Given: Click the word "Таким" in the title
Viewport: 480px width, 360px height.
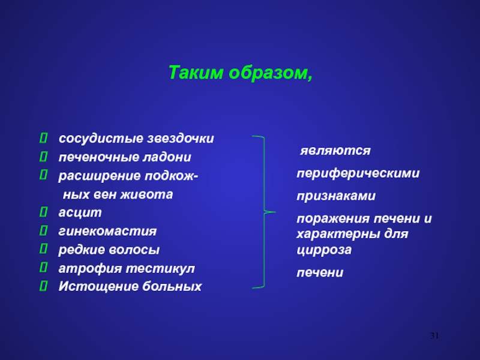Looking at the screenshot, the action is pyautogui.click(x=196, y=73).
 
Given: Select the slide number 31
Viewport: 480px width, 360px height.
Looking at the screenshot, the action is pyautogui.click(x=434, y=336).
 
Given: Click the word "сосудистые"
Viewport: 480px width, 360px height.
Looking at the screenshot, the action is pyautogui.click(x=101, y=139).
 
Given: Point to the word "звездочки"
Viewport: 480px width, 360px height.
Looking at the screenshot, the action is pyautogui.click(x=181, y=139).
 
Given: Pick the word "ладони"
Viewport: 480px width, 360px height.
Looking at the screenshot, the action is pyautogui.click(x=167, y=157).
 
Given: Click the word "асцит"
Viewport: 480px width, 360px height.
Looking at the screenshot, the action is pyautogui.click(x=80, y=212).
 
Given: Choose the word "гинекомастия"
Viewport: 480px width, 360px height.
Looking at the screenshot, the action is pyautogui.click(x=107, y=231).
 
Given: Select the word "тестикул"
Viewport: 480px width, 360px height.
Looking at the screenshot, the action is pyautogui.click(x=160, y=268).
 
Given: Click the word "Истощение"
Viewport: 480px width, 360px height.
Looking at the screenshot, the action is pyautogui.click(x=98, y=287).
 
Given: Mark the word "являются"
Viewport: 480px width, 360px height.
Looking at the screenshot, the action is pyautogui.click(x=335, y=151).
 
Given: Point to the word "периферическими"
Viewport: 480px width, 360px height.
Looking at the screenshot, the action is pyautogui.click(x=358, y=173).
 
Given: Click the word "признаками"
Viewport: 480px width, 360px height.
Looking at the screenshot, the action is pyautogui.click(x=336, y=196).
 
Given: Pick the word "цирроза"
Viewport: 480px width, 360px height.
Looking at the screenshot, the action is pyautogui.click(x=324, y=250).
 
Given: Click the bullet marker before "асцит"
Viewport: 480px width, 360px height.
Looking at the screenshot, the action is pyautogui.click(x=43, y=212).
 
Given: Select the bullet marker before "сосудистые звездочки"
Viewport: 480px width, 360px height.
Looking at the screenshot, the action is pyautogui.click(x=43, y=138).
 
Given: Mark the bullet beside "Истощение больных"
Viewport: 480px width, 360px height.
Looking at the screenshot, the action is pyautogui.click(x=43, y=286).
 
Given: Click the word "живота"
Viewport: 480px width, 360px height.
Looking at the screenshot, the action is pyautogui.click(x=146, y=194).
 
